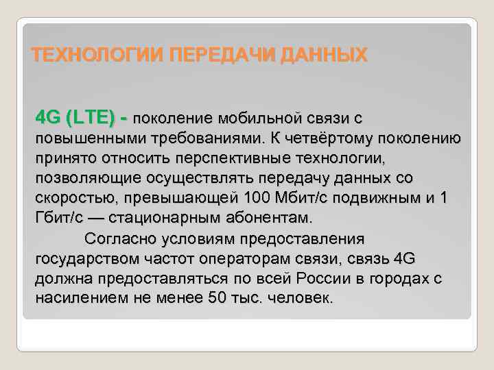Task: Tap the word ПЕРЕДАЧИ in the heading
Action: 214,55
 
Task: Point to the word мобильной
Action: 263,116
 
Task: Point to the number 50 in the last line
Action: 215,299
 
